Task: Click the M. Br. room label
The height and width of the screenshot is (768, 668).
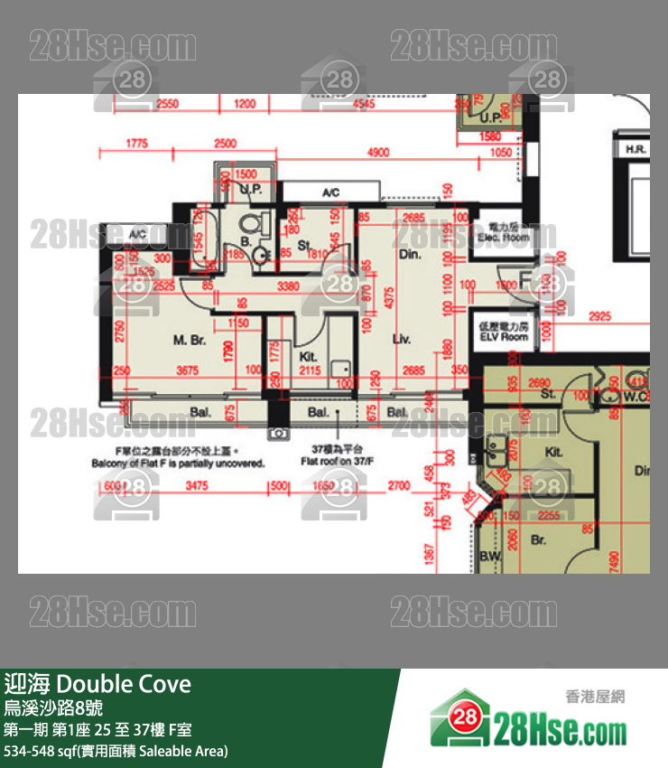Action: (190, 341)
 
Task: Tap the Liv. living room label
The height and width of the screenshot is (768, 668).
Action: (403, 341)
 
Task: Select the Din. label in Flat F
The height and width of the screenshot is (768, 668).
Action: (410, 256)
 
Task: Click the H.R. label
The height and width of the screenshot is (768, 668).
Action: (632, 148)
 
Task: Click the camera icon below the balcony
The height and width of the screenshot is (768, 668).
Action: (279, 435)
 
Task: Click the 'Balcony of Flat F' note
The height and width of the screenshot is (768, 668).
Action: (177, 462)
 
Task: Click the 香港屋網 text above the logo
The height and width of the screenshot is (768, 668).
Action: (595, 697)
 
